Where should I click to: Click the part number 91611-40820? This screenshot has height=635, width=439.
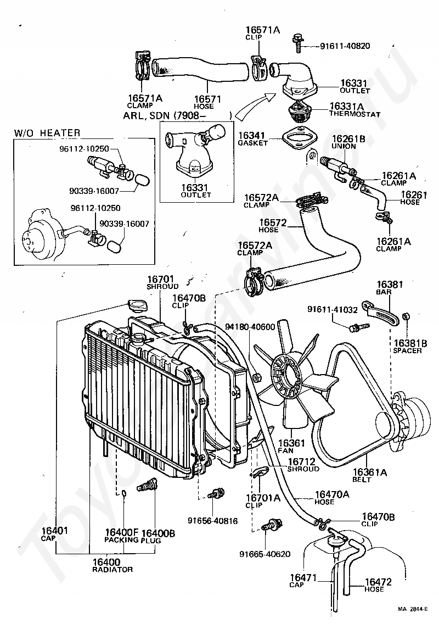pos(345,46)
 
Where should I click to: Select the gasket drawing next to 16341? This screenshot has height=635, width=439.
pos(299,140)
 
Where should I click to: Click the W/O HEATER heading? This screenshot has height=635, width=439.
pos(47,133)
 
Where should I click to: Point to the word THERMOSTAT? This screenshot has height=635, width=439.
pos(355,114)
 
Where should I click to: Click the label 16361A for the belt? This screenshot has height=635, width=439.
pos(370,472)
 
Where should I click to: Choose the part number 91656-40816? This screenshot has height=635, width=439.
pos(212,521)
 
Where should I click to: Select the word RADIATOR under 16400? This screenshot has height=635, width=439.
pos(112,570)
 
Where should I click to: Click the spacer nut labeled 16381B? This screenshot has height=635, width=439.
pos(407,315)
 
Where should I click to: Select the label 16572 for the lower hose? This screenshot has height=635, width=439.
pos(273,222)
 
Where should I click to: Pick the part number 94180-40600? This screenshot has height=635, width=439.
pos(250,327)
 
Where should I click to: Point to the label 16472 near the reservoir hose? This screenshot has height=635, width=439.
pos(378,582)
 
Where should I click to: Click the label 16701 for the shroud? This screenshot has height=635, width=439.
pos(160,279)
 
